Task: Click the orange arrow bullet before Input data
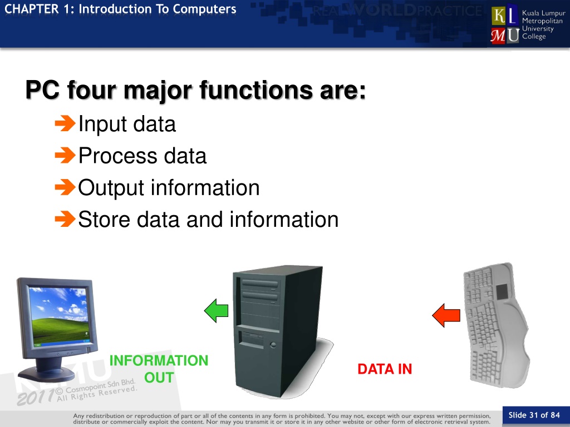[x=65, y=123]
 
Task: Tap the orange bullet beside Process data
[x=65, y=155]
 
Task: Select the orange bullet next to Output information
[x=65, y=187]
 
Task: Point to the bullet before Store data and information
[x=65, y=219]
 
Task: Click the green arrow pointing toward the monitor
[x=217, y=310]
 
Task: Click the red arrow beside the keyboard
[x=446, y=315]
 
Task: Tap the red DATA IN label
[x=385, y=369]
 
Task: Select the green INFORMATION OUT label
[x=159, y=369]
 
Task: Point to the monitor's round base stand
[x=47, y=373]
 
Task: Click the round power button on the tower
[x=273, y=345]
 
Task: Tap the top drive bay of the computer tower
[x=261, y=284]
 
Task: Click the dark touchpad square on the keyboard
[x=502, y=291]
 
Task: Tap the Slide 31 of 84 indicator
[x=534, y=415]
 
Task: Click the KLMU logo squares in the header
[x=504, y=25]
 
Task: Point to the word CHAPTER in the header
[x=31, y=9]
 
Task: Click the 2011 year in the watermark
[x=36, y=397]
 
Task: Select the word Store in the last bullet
[x=104, y=220]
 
